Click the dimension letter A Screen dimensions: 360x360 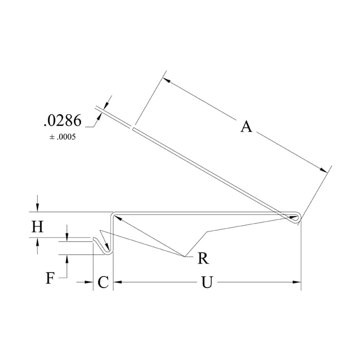coord(246,126)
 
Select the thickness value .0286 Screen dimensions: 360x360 coord(62,121)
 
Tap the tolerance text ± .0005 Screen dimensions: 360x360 coord(62,138)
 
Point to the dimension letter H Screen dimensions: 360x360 coord(37,227)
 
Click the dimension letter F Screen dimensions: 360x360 coord(50,278)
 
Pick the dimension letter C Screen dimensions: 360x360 coord(103,282)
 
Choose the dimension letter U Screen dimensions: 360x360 coord(206,282)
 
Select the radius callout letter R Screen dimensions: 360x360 coord(203,258)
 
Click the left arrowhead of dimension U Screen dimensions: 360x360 coord(116,282)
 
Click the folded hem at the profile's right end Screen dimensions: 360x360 coord(296,218)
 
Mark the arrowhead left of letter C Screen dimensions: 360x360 coord(89,282)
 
